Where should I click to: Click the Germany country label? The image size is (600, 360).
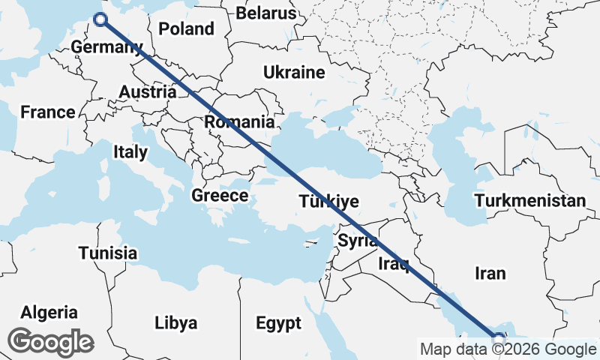(x=106, y=48)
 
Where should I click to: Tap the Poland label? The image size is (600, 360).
(x=186, y=29)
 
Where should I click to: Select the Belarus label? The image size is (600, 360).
(x=266, y=13)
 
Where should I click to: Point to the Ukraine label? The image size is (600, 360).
(x=293, y=73)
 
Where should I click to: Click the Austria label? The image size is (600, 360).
(x=148, y=92)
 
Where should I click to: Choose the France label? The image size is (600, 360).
(x=47, y=112)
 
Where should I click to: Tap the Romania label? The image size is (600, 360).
(x=239, y=121)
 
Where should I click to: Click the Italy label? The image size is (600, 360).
(x=130, y=152)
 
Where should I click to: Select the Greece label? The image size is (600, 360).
(x=220, y=196)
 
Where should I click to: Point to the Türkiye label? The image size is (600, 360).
(x=329, y=202)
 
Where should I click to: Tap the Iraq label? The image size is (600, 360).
(x=392, y=263)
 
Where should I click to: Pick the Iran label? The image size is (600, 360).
(x=490, y=273)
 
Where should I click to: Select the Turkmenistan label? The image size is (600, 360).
(x=529, y=201)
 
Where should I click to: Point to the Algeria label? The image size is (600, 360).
(x=49, y=312)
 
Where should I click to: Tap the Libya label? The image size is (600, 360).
(x=176, y=323)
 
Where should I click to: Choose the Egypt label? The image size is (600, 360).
(x=278, y=323)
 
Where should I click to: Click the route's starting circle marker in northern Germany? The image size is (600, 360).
(x=100, y=20)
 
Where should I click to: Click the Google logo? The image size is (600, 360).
(x=51, y=342)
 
